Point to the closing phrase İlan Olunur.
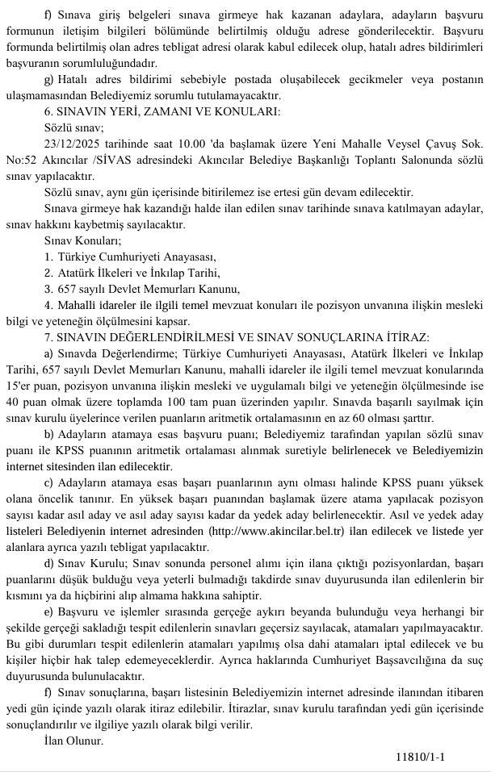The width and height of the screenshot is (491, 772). (x=74, y=741)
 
